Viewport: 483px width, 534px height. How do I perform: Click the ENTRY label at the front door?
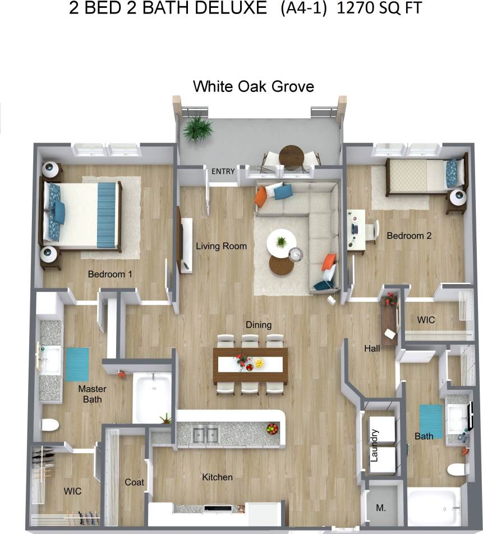click(223, 171)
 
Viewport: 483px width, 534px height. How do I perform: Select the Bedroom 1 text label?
click(110, 274)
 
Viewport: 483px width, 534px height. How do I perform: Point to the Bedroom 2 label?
click(409, 236)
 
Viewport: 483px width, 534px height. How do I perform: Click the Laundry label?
click(375, 445)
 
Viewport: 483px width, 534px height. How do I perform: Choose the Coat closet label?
click(134, 482)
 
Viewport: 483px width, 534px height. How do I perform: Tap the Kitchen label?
click(217, 477)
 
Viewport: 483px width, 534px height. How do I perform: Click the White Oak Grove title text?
click(253, 86)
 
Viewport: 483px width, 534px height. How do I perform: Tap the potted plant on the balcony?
click(197, 129)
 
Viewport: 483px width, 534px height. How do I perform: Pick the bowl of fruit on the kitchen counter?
click(272, 429)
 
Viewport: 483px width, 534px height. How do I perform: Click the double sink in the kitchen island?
click(205, 434)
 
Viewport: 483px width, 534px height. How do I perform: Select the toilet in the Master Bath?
click(50, 425)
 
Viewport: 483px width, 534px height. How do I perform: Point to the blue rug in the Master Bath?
click(77, 365)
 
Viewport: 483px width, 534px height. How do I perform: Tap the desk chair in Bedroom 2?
click(371, 231)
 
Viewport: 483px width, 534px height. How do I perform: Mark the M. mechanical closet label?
click(380, 508)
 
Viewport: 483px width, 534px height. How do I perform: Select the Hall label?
click(372, 348)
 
